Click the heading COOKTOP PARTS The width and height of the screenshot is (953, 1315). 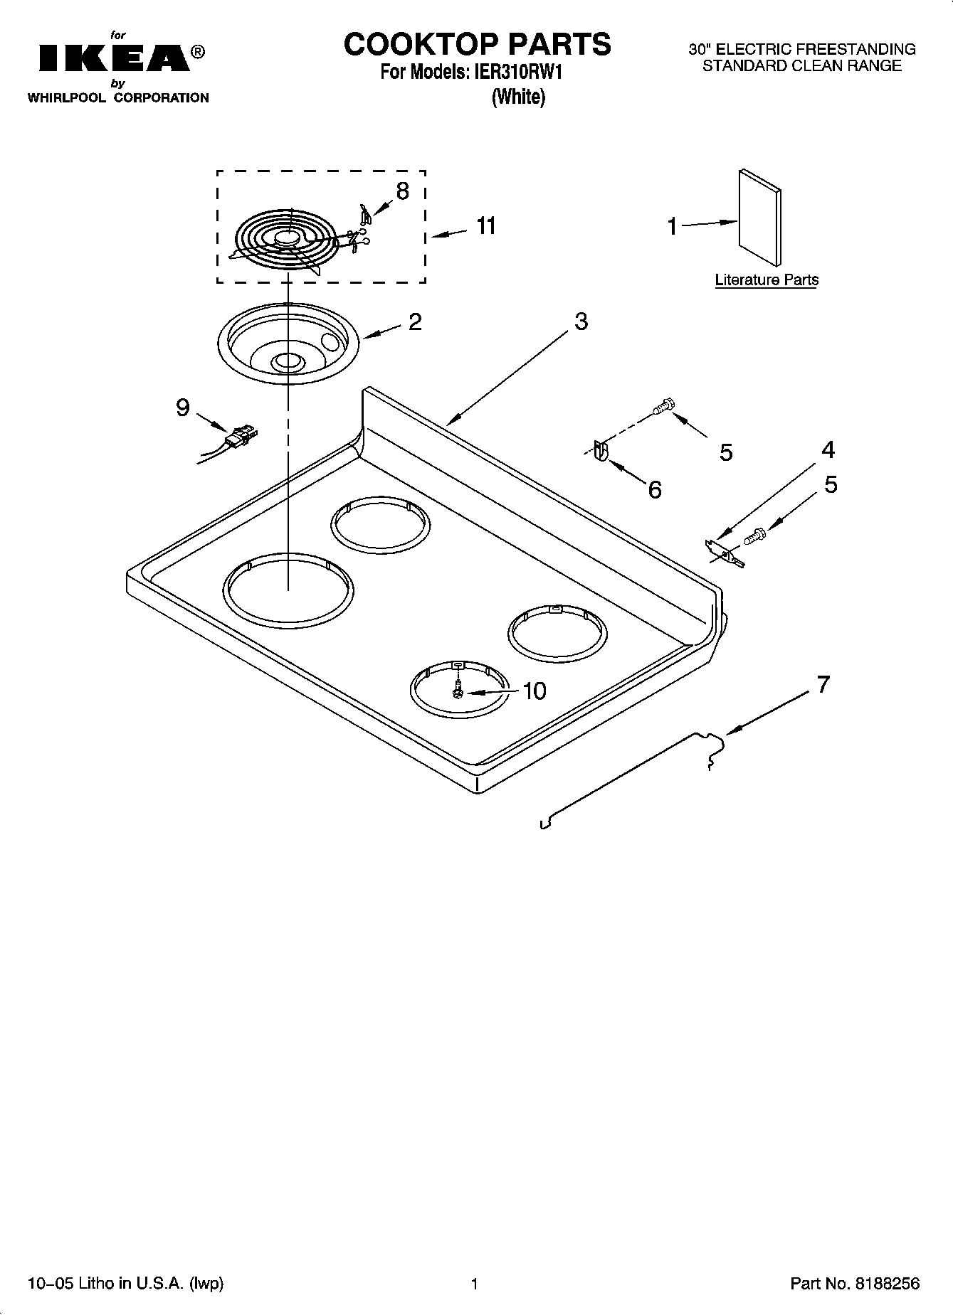coord(477,44)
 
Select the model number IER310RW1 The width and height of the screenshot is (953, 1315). coord(514,73)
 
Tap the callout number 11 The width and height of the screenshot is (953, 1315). coord(486,225)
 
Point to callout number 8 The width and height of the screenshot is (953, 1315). coord(403,191)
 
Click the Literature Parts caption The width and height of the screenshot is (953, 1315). coord(767,280)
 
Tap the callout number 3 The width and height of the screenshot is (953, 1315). coord(581,321)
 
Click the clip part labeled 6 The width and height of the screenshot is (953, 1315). coord(599,452)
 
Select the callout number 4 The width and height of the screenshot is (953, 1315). coord(828,449)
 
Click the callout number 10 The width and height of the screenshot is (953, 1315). coord(535,691)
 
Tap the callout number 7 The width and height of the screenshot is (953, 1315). coord(823,685)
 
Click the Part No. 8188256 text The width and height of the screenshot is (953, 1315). coord(855,1284)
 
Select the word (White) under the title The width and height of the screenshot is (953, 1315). coord(518,97)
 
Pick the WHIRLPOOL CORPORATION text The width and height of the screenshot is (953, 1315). coord(118,98)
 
